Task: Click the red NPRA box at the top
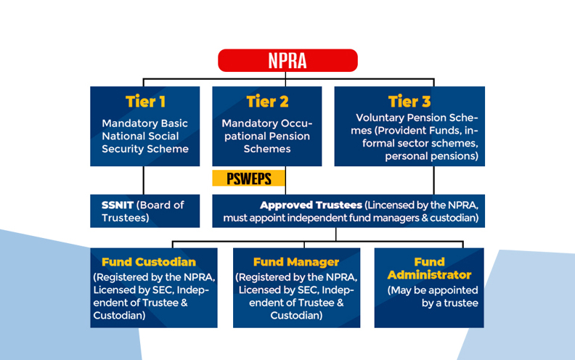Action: coord(287,60)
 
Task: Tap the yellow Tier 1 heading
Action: coord(145,102)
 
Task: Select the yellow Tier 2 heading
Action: coord(267,102)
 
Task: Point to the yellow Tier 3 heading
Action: coord(409,102)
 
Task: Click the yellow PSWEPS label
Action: coord(248,179)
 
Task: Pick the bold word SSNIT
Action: coord(118,205)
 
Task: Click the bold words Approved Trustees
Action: coord(311,205)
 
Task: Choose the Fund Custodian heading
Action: coord(149,262)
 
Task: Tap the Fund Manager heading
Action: coord(296,262)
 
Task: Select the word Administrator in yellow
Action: coord(429,275)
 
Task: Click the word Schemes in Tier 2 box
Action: coord(267,149)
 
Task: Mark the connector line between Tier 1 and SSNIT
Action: coord(143,181)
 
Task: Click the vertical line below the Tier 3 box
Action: coord(434,181)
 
